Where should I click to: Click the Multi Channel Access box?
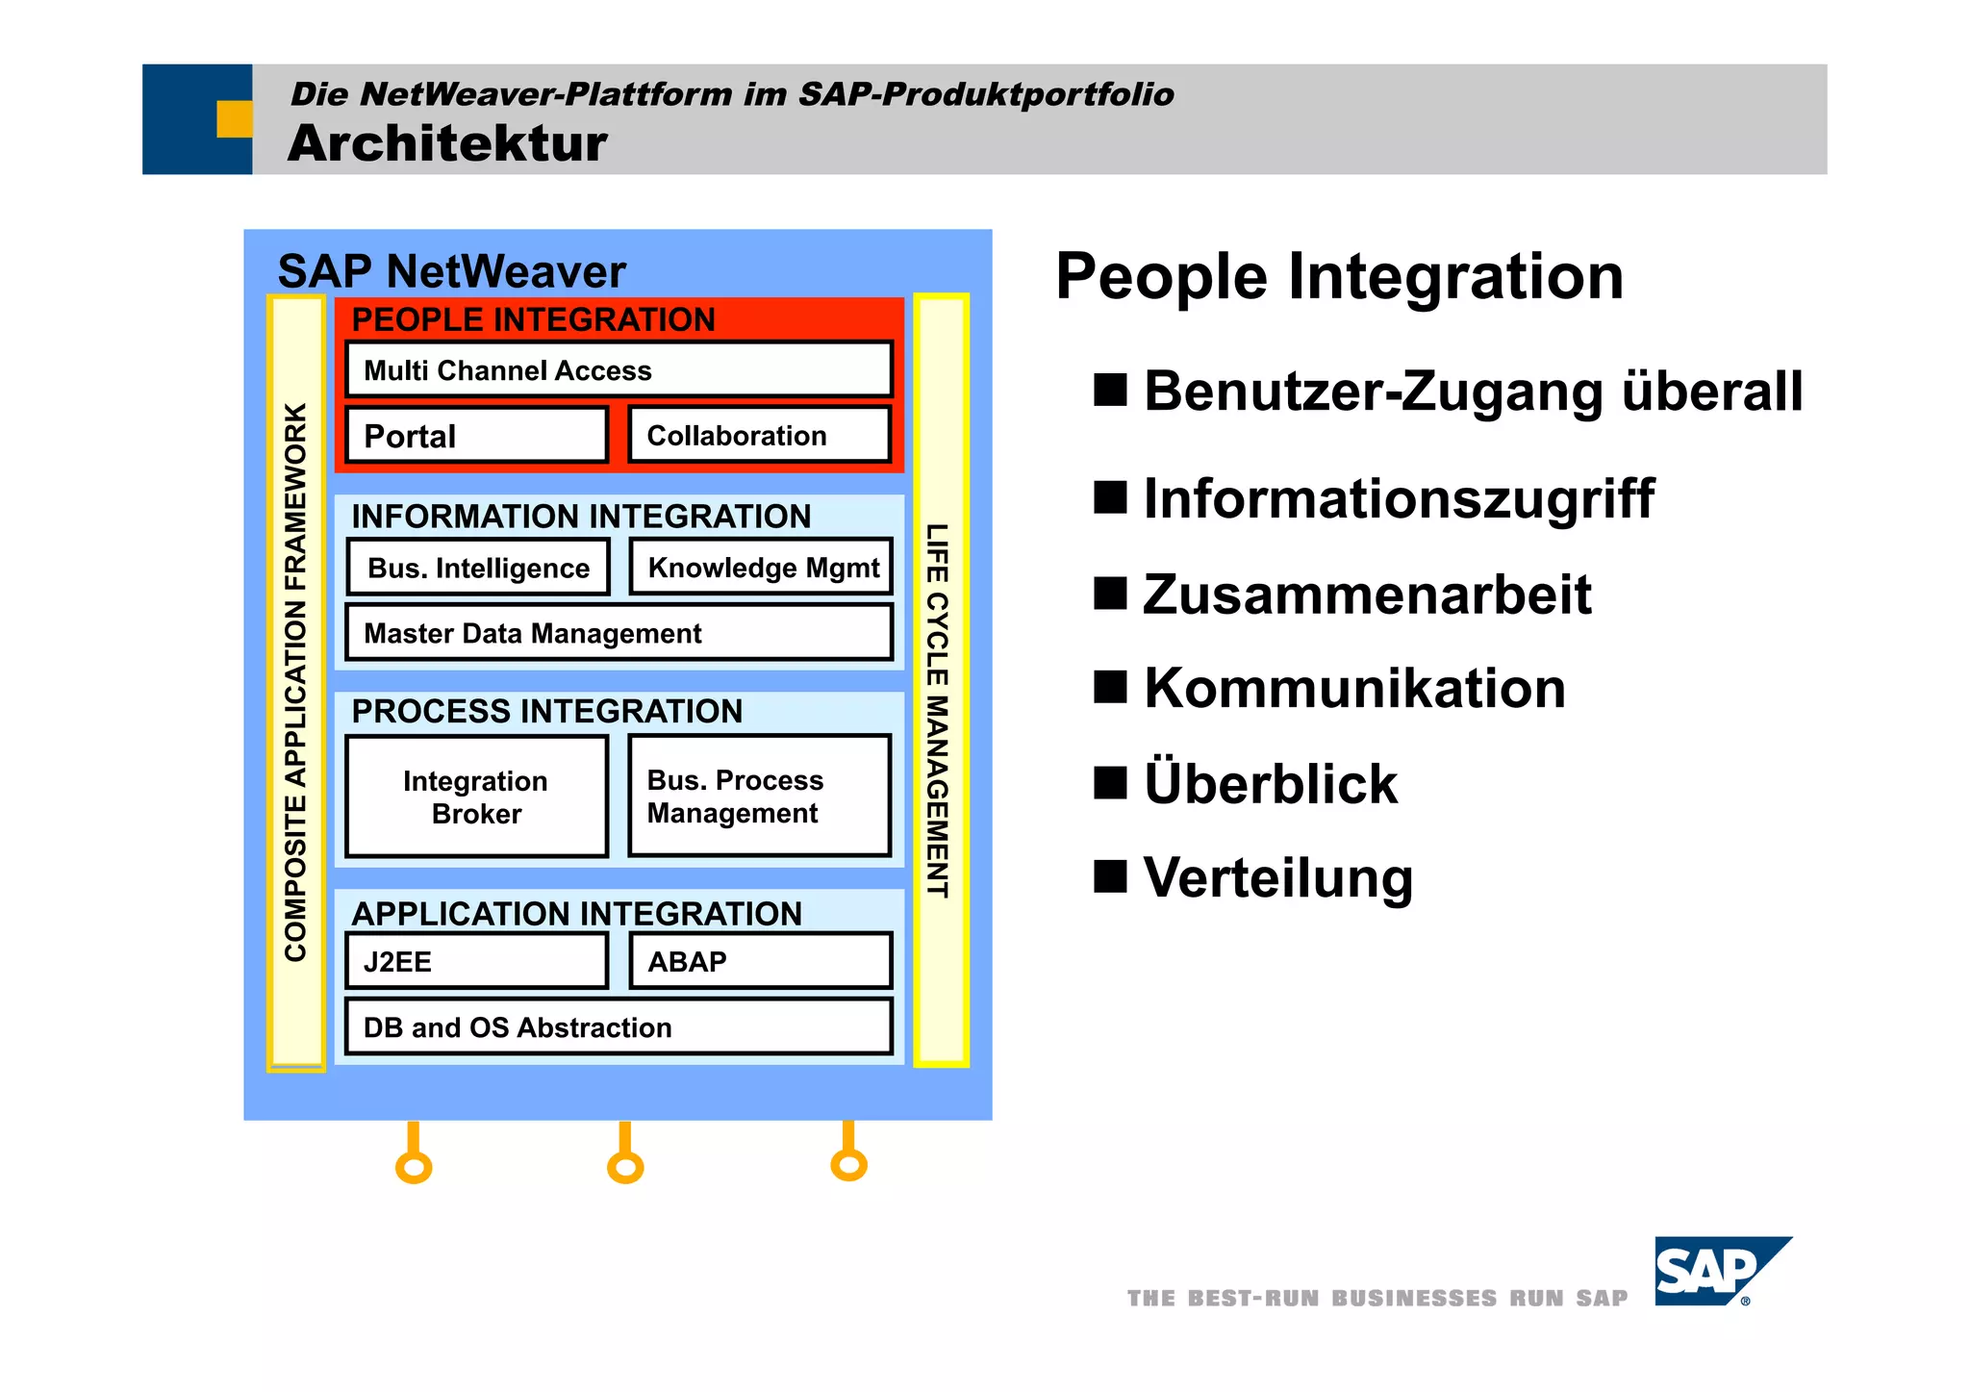619,369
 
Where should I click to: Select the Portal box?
477,436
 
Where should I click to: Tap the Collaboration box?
759,436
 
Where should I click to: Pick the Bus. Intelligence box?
478,568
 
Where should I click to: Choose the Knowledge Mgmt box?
761,567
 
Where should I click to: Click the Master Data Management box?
619,633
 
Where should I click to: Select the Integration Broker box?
477,797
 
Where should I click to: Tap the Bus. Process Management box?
759,796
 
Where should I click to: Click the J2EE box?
477,961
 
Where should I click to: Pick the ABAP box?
760,961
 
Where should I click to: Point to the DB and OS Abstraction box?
619,1026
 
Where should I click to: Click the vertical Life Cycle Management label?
938,710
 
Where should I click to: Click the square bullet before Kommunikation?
1109,687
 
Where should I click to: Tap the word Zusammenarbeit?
1367,595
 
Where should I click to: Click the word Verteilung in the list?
1278,877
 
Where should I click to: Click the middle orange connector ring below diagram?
625,1168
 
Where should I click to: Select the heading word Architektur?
447,143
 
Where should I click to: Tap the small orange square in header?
234,118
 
